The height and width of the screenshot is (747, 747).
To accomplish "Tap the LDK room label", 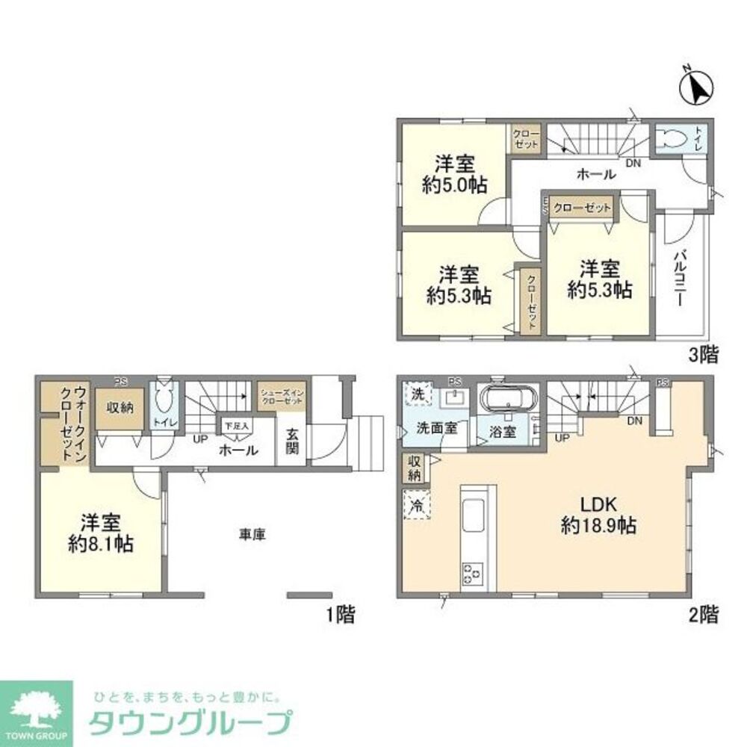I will tap(598, 501).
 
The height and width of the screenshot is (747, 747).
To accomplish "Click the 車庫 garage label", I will tap(253, 535).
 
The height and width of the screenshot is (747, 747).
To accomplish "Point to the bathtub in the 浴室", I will tap(506, 400).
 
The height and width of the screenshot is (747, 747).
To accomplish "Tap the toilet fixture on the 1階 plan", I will tap(164, 400).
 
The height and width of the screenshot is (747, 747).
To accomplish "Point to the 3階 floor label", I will tap(703, 356).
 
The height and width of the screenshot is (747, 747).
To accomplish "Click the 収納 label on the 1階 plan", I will tap(119, 407).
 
